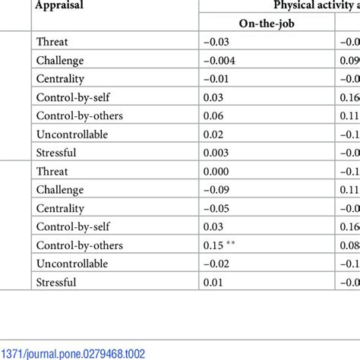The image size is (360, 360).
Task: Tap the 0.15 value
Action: [x=213, y=245]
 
